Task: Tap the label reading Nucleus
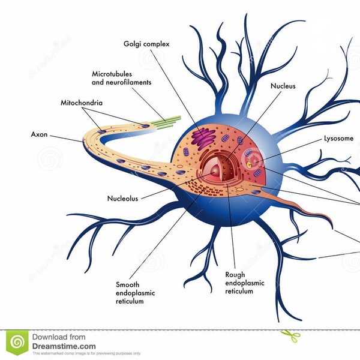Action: [283, 86]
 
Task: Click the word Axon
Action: [39, 134]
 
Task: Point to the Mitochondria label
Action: [82, 103]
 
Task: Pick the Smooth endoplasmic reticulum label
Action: [134, 293]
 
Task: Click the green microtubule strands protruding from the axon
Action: [165, 121]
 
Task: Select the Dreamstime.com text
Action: [64, 346]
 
